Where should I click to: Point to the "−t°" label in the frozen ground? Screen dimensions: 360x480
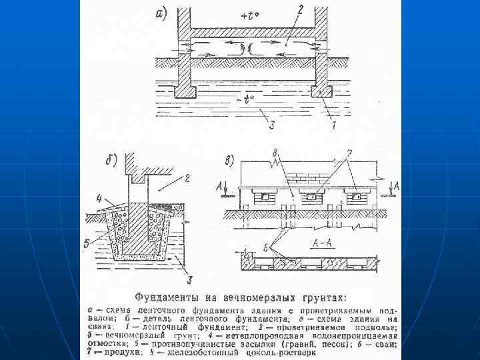pyautogui.click(x=245, y=102)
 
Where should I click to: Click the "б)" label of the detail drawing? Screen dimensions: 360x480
pyautogui.click(x=112, y=161)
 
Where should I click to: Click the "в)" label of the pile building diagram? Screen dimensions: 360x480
pyautogui.click(x=230, y=161)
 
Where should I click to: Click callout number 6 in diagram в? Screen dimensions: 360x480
pyautogui.click(x=267, y=247)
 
